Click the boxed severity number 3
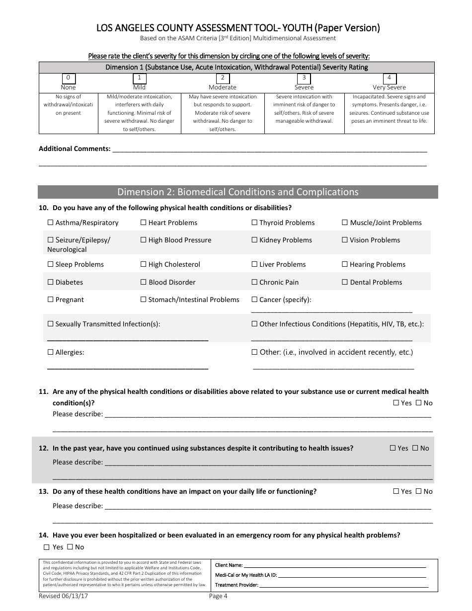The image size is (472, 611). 304,78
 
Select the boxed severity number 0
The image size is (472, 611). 68,78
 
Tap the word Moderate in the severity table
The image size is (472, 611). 222,87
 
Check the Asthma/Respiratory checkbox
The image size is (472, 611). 51,223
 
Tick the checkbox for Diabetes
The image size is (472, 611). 51,283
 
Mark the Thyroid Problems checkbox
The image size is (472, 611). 254,223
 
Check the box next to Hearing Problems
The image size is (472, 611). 345,265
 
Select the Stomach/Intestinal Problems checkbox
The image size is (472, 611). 144,300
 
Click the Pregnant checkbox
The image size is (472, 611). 51,300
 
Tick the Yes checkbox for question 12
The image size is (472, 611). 393,449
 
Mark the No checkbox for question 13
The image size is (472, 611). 418,492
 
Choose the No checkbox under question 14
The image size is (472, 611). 70,547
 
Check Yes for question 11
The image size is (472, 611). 396,403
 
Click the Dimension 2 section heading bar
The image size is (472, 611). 237,192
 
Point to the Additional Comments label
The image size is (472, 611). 75,149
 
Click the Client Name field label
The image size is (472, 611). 229,565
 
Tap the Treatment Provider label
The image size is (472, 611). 236,585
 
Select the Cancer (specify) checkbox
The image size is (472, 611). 254,300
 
